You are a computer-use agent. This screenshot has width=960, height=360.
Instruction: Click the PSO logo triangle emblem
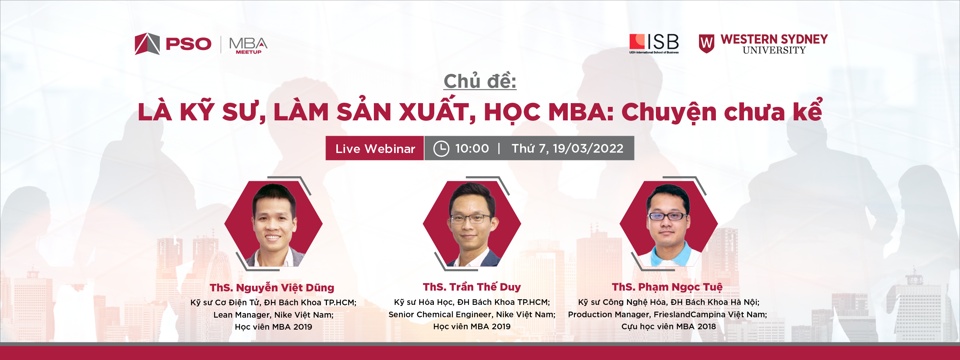click(147, 44)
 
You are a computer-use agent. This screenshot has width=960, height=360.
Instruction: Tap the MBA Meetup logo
click(248, 45)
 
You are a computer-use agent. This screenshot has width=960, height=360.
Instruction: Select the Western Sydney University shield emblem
click(706, 43)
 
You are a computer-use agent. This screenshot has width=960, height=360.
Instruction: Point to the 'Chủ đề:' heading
click(480, 81)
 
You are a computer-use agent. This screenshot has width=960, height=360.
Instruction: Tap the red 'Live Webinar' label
click(375, 148)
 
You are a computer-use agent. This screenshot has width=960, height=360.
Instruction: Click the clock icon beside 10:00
click(441, 148)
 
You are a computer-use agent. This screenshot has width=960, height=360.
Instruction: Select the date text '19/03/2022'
click(588, 148)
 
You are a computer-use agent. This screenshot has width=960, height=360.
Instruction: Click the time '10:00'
click(472, 148)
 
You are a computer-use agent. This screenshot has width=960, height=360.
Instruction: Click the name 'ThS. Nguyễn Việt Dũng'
click(272, 288)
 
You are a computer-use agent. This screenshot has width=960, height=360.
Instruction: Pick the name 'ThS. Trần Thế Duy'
click(472, 287)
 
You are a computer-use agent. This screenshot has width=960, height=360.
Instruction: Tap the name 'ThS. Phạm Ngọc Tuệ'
click(667, 287)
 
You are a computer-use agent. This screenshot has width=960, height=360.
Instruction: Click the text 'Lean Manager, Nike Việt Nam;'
click(273, 315)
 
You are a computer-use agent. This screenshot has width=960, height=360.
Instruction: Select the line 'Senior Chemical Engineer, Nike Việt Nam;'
click(472, 314)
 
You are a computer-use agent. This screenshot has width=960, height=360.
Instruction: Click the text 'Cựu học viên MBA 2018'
click(669, 327)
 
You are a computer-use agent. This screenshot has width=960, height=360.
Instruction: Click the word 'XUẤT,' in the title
click(437, 111)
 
